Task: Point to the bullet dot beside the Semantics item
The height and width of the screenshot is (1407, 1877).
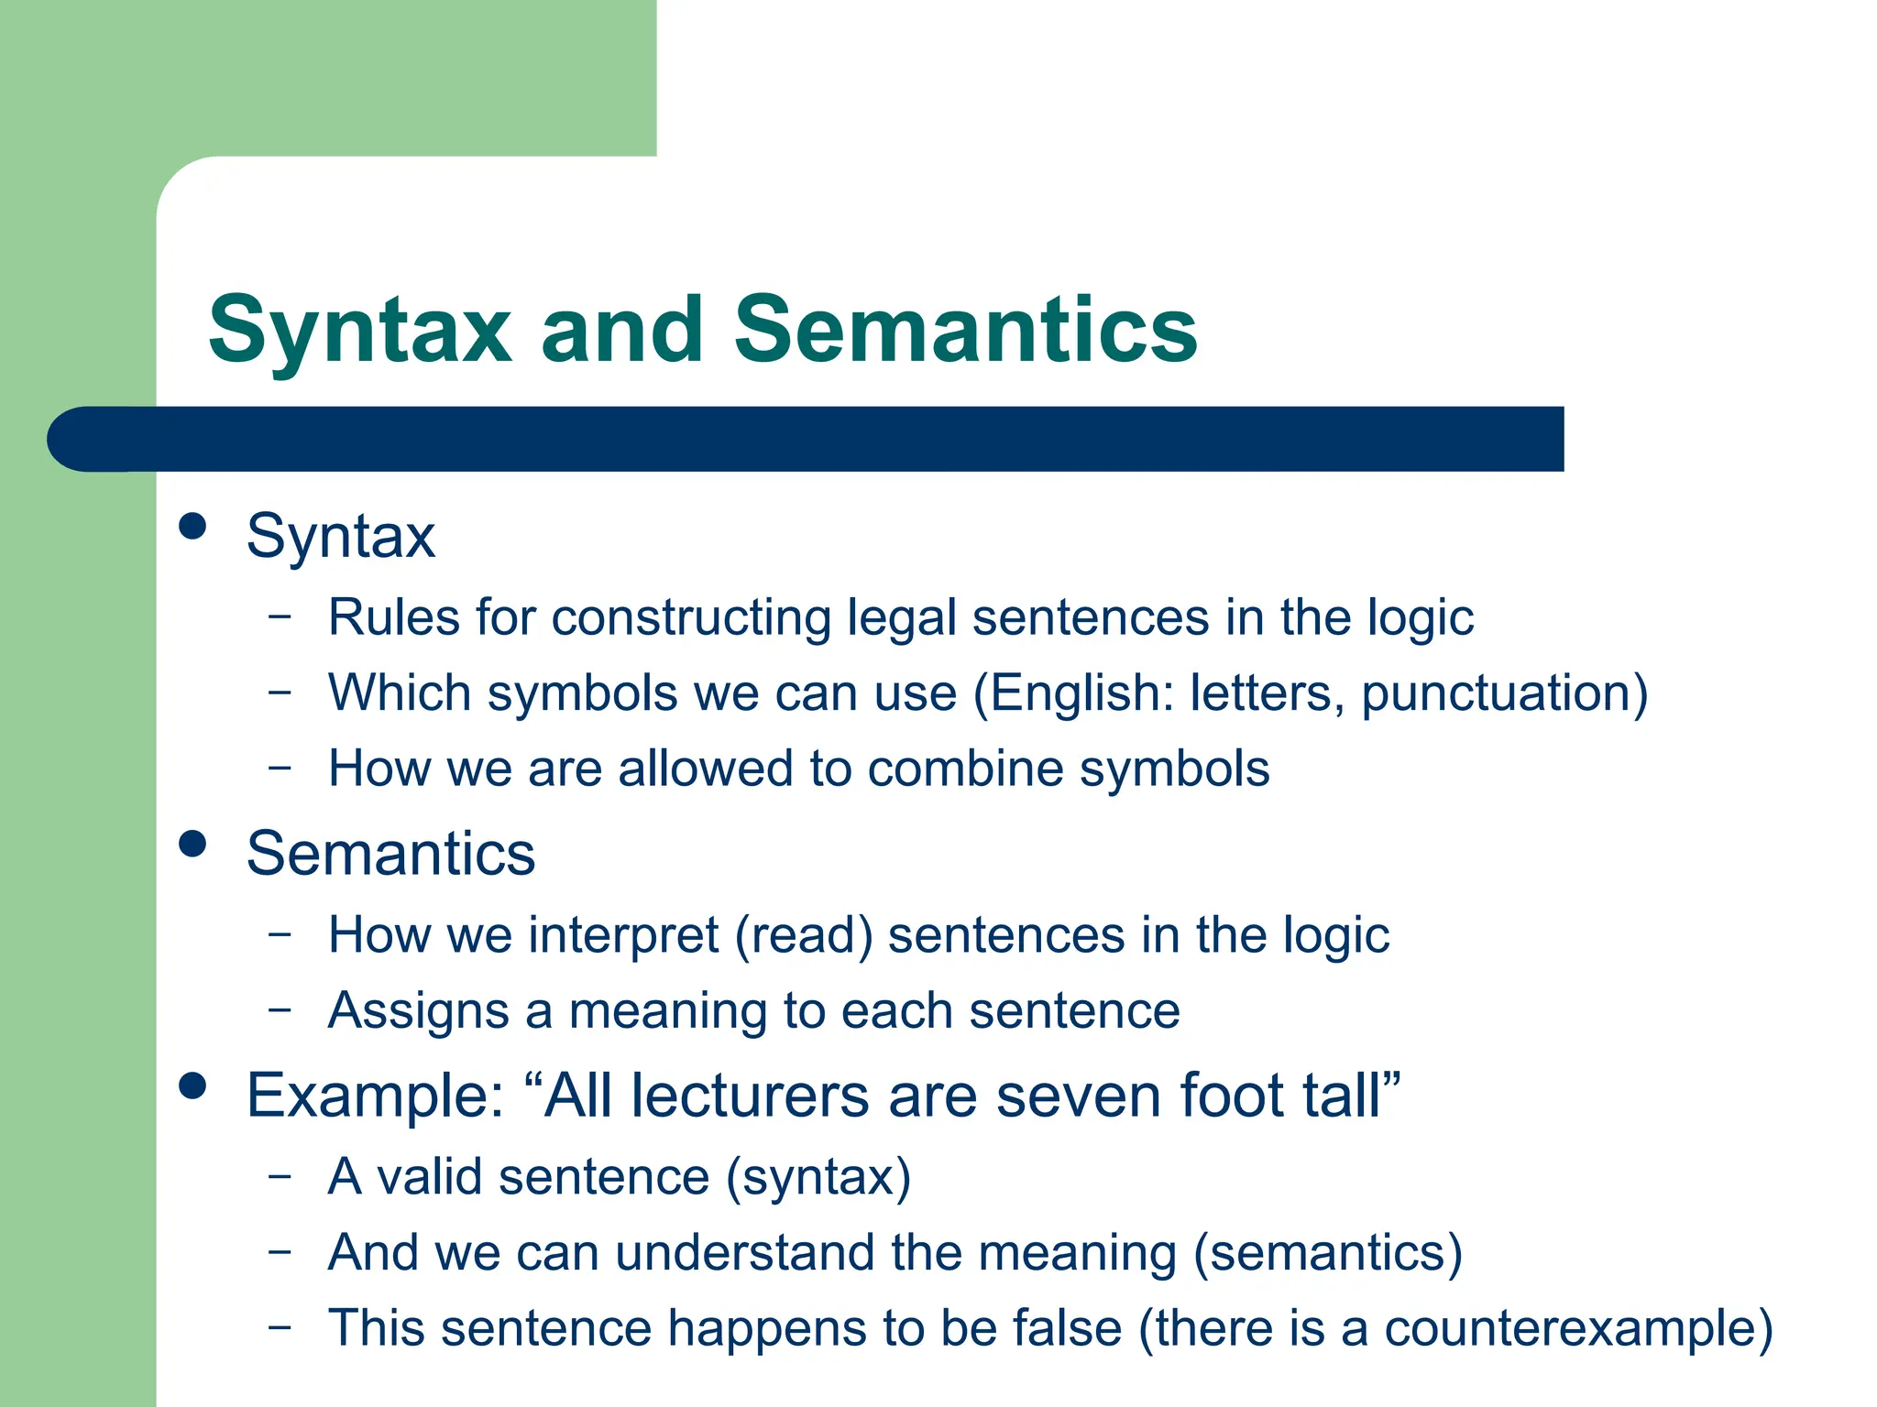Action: click(192, 844)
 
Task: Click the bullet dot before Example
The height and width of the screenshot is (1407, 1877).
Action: click(192, 1085)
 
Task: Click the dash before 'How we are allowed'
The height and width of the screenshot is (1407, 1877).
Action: click(280, 766)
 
